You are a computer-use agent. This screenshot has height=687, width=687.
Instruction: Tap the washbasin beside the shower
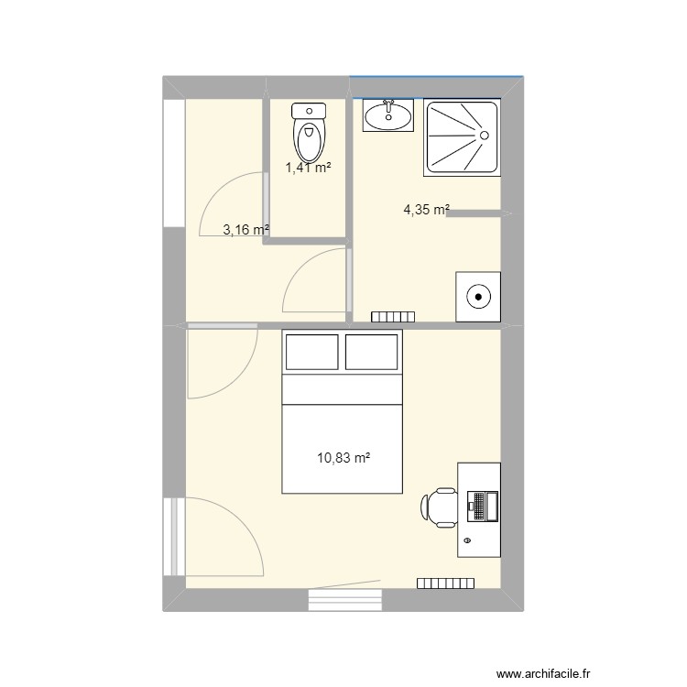point(388,115)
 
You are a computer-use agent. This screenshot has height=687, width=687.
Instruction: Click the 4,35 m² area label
point(427,210)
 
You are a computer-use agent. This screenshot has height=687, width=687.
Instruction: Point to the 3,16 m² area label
point(245,230)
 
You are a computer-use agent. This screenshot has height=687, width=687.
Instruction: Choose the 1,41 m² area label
point(308,168)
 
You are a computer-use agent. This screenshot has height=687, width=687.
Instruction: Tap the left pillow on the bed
point(311,352)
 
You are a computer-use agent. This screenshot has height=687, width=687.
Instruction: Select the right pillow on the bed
point(373,352)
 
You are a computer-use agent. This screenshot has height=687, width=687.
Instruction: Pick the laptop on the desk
point(482,506)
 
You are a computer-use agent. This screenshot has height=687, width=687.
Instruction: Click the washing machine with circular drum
point(478,296)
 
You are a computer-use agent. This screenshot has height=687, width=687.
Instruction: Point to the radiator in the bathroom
point(393,317)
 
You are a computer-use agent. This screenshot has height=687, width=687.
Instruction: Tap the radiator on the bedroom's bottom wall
point(446,583)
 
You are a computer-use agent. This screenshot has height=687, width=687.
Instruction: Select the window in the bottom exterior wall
point(344,599)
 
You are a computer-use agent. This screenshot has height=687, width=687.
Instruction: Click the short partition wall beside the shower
point(477,213)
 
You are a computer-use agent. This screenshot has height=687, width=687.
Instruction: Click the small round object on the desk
point(468,541)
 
